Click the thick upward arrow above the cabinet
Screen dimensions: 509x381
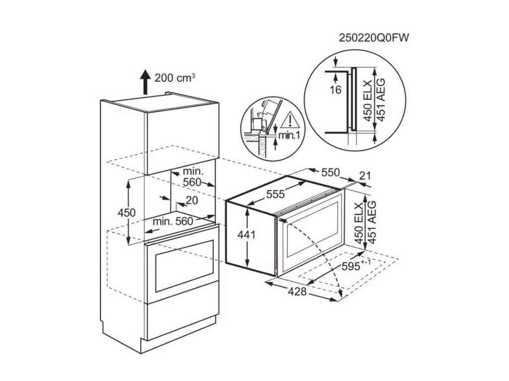[145, 81]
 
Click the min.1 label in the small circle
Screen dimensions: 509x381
[288, 135]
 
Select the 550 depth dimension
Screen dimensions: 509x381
[330, 173]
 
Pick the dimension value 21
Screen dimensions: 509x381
[365, 176]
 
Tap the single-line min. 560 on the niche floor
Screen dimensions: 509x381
[172, 222]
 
